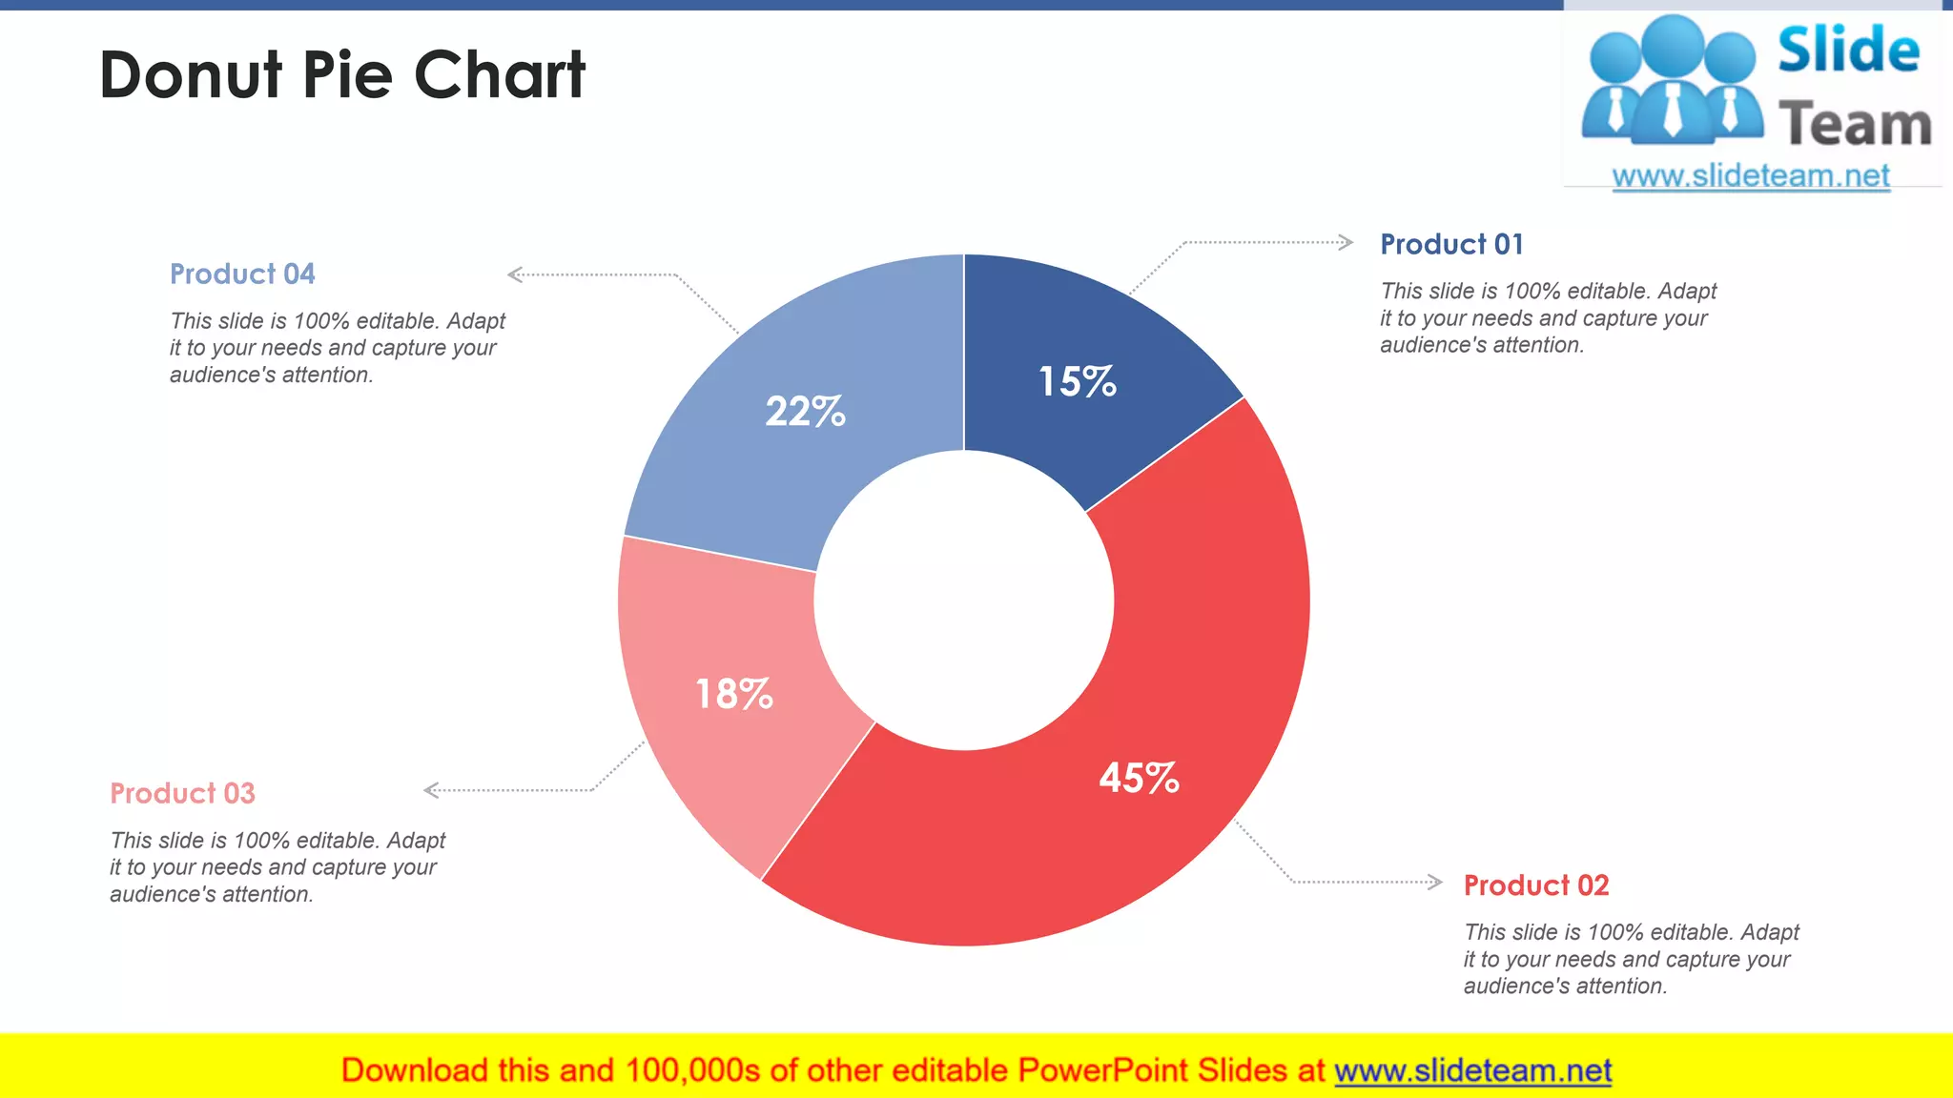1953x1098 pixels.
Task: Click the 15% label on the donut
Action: point(1077,382)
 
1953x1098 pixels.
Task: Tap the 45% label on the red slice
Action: point(1139,778)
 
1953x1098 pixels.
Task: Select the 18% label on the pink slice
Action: point(733,694)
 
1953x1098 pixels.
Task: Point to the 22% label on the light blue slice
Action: point(805,412)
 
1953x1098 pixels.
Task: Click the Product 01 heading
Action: point(1451,245)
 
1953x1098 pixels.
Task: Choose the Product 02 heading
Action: point(1535,885)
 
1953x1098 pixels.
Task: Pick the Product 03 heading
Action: point(182,793)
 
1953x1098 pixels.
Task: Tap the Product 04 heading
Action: point(242,274)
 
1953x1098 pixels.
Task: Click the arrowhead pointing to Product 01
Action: point(1346,242)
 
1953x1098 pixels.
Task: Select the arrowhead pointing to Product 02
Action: point(1434,882)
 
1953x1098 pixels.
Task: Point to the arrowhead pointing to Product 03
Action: point(432,790)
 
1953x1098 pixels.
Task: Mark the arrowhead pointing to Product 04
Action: point(516,274)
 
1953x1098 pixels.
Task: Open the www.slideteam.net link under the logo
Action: point(1750,176)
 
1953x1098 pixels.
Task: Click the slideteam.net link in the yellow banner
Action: point(1472,1070)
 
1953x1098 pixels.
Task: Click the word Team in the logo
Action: point(1855,125)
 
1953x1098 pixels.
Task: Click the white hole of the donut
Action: point(963,600)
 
